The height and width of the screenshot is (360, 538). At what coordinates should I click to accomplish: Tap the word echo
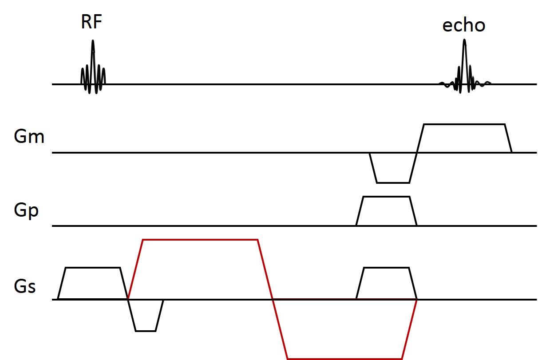pos(464,25)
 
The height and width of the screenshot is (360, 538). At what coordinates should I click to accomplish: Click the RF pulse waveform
pos(93,71)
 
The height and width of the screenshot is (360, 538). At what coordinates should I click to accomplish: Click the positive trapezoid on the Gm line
pos(464,138)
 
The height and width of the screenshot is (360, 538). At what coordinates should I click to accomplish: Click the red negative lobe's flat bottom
pos(345,358)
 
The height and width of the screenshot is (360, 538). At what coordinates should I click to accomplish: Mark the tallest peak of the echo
pos(464,41)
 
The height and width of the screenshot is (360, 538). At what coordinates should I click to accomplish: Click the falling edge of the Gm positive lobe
pos(508,138)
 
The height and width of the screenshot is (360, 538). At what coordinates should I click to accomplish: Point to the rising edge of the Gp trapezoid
pos(360,211)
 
